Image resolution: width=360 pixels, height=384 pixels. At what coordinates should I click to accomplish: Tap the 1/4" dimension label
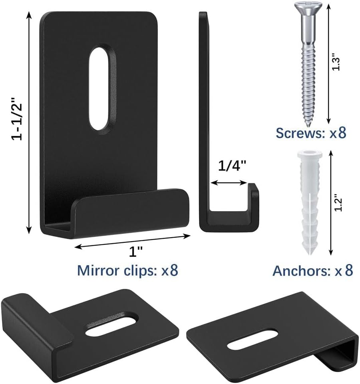point(232,166)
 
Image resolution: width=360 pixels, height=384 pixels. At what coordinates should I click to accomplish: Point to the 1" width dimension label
point(136,252)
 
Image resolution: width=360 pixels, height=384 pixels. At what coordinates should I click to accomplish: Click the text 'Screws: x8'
point(311,133)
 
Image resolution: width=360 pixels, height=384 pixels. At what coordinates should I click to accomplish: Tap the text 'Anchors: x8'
point(313,271)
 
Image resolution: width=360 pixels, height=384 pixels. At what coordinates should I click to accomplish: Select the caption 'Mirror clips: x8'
point(128,270)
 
